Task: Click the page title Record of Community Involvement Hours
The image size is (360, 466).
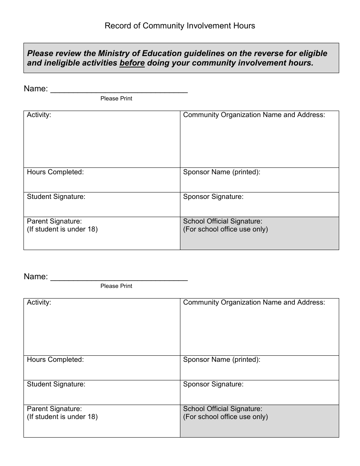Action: (x=180, y=26)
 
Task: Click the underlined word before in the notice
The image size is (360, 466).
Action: (x=132, y=63)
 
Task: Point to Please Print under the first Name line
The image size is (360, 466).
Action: (x=116, y=99)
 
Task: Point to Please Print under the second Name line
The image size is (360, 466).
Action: (x=116, y=286)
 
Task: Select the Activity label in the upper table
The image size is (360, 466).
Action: (x=39, y=115)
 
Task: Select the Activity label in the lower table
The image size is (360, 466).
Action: (x=39, y=302)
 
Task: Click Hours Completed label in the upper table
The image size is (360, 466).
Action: (x=55, y=172)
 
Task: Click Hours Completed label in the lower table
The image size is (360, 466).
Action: (x=55, y=360)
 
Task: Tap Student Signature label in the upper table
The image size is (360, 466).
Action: (x=56, y=197)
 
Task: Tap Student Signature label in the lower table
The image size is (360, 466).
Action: (x=56, y=384)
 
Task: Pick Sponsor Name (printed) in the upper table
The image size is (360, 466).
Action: (x=222, y=172)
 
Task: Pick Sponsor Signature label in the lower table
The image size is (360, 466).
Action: (x=213, y=384)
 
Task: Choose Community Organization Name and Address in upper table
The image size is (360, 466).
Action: (x=254, y=115)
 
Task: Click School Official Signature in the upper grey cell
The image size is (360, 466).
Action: (x=222, y=221)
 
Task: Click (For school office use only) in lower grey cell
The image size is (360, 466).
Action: (x=225, y=417)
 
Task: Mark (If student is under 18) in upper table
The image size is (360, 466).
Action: (x=62, y=229)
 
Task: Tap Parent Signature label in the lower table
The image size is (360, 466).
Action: (x=54, y=409)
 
